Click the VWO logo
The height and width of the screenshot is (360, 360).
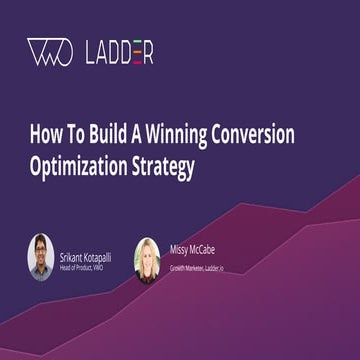click(x=49, y=53)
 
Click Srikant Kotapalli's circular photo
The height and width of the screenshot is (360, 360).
click(x=40, y=257)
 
